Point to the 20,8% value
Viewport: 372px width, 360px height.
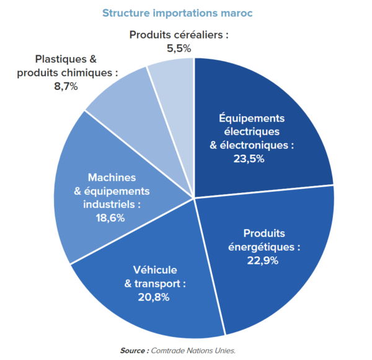pyautogui.click(x=155, y=297)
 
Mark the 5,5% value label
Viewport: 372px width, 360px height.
pyautogui.click(x=179, y=47)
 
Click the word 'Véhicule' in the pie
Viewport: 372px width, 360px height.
pyautogui.click(x=155, y=270)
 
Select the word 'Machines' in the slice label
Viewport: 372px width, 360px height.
pyautogui.click(x=111, y=177)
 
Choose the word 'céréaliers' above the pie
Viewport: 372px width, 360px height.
pyautogui.click(x=197, y=34)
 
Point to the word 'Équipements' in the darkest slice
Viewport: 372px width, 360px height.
pyautogui.click(x=252, y=118)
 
